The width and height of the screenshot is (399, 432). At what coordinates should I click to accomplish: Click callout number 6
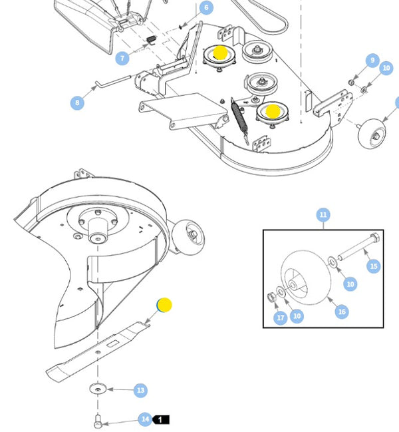click(205, 8)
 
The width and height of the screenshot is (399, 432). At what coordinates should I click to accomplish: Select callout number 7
click(122, 59)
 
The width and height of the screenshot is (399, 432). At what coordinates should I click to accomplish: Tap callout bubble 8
click(78, 103)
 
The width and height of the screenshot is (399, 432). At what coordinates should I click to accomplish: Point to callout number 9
click(372, 61)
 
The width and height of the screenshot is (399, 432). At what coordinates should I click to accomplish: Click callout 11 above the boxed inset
click(323, 214)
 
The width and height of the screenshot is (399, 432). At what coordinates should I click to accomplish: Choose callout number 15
click(374, 266)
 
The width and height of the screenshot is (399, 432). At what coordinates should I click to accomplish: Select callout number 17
click(281, 318)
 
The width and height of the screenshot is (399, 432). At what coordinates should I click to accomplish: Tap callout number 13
click(140, 391)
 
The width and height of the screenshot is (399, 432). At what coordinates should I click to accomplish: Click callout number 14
click(145, 419)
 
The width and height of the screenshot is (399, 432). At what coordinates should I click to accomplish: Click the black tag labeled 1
click(162, 420)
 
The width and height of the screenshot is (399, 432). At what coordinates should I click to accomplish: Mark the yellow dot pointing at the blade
click(164, 306)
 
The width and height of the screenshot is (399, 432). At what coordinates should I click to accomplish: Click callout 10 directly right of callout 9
click(386, 68)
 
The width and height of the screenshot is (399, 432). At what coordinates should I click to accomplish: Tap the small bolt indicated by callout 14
click(98, 420)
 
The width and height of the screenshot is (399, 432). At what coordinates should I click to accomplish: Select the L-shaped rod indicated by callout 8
click(113, 81)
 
